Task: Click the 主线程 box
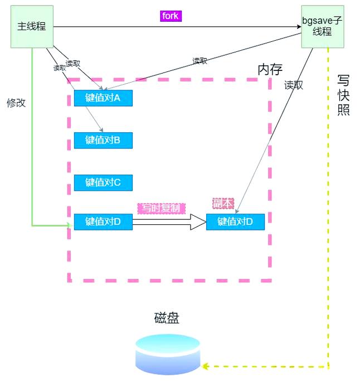click(32, 26)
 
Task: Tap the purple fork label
click(171, 16)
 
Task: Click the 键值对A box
click(103, 98)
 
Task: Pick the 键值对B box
click(103, 140)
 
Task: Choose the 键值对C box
click(103, 182)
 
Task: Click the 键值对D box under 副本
click(235, 221)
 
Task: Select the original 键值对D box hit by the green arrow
click(103, 221)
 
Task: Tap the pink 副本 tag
click(223, 203)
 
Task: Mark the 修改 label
click(16, 103)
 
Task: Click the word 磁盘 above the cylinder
click(167, 319)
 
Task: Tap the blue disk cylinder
click(168, 354)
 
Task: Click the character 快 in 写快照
click(343, 94)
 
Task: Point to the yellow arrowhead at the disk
click(205, 366)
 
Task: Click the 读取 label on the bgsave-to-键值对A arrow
click(200, 61)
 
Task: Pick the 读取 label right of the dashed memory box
click(293, 85)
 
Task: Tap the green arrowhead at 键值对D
click(70, 225)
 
